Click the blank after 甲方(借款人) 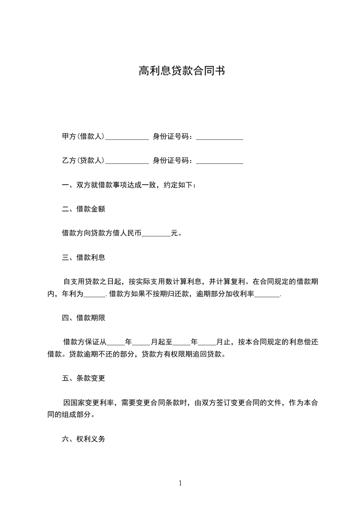click(127, 137)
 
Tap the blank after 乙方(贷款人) click(127, 161)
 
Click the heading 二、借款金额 click(84, 209)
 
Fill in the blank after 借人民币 click(156, 234)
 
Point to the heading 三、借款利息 click(84, 258)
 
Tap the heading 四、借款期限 click(84, 318)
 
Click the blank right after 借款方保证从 click(115, 343)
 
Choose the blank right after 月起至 click(182, 343)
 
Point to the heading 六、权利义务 click(84, 439)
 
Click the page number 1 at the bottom click(180, 483)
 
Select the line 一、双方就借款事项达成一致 click(129, 185)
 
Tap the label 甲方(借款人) click(84, 137)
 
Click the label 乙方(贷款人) click(84, 160)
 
